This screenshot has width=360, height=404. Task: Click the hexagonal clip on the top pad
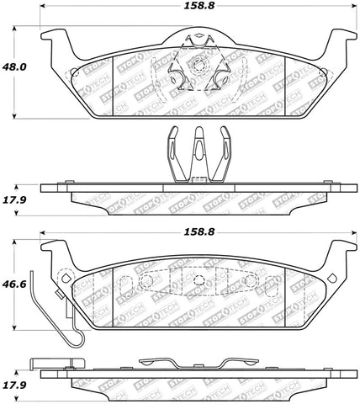pyautogui.click(x=198, y=65)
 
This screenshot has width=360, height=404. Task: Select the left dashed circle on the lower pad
pyautogui.click(x=146, y=281)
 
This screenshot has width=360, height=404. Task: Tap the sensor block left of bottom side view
pyautogui.click(x=42, y=368)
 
